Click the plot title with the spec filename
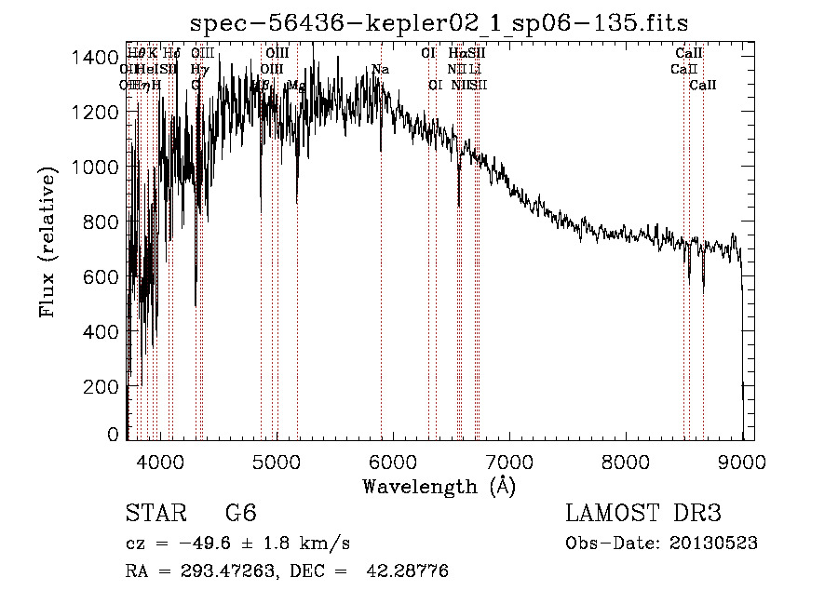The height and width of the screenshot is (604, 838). tap(439, 22)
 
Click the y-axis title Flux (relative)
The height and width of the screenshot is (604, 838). tap(47, 241)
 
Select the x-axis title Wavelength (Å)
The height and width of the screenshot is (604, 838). tap(439, 485)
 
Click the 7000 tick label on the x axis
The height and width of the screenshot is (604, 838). tap(509, 460)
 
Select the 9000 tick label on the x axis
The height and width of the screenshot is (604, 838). tap(742, 460)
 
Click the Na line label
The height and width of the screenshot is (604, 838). tap(380, 69)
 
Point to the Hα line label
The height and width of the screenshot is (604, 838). tap(456, 53)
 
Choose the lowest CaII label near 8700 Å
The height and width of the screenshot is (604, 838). tap(703, 86)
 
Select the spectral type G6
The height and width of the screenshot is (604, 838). tap(240, 513)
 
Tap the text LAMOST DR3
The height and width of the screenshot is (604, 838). tap(643, 513)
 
